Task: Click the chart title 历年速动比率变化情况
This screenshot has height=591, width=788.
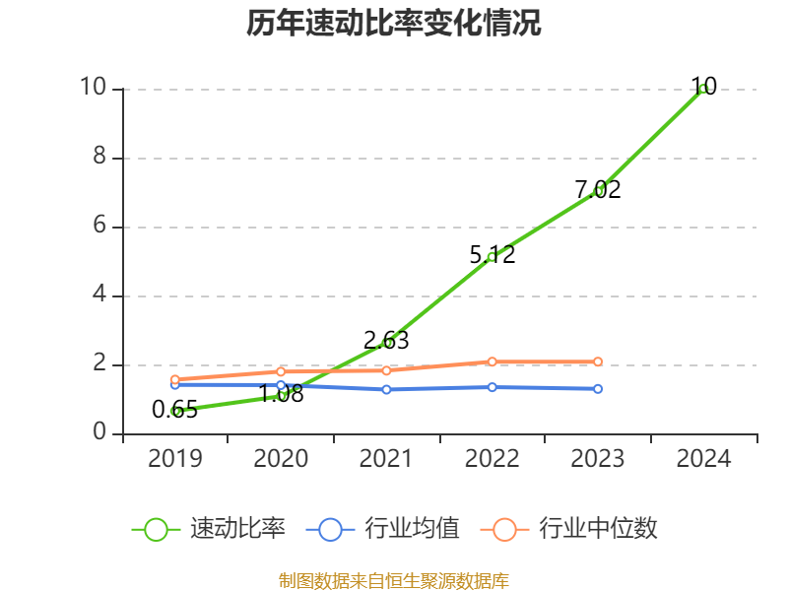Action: [x=394, y=24]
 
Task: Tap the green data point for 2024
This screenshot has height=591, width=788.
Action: [x=703, y=89]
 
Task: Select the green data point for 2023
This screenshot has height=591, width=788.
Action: [x=598, y=191]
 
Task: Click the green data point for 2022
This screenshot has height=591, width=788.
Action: [x=492, y=256]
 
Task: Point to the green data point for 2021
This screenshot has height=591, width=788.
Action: [x=387, y=343]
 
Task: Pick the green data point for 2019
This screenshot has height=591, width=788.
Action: [x=175, y=411]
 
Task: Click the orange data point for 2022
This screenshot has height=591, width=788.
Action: [x=492, y=361]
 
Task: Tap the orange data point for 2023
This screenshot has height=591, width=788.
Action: [x=598, y=361]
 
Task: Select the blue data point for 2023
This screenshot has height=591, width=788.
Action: [x=598, y=389]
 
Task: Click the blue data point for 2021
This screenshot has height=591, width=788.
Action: [x=387, y=389]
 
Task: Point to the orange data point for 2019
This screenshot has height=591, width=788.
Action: [x=175, y=379]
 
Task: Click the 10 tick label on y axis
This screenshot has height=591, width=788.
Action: [x=93, y=88]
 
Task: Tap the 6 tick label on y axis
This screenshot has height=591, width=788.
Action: [x=99, y=226]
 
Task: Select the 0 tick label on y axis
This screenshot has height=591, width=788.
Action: [x=99, y=432]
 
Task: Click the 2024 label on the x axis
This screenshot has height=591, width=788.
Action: [x=703, y=459]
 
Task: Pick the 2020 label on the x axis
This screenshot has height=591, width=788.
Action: [x=281, y=459]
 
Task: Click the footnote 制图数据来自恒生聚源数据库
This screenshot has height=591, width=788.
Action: [x=394, y=580]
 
